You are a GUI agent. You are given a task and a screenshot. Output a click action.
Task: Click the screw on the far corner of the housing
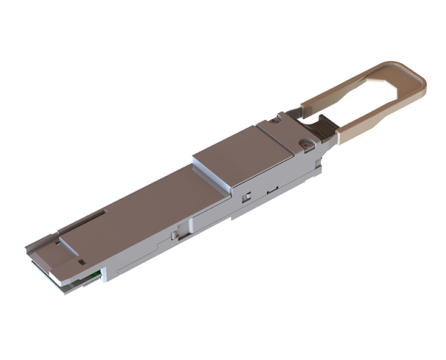click(x=275, y=120)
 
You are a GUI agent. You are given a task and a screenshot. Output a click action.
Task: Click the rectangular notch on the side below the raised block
click(x=248, y=196)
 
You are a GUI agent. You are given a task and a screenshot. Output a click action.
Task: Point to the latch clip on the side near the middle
click(x=176, y=234)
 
